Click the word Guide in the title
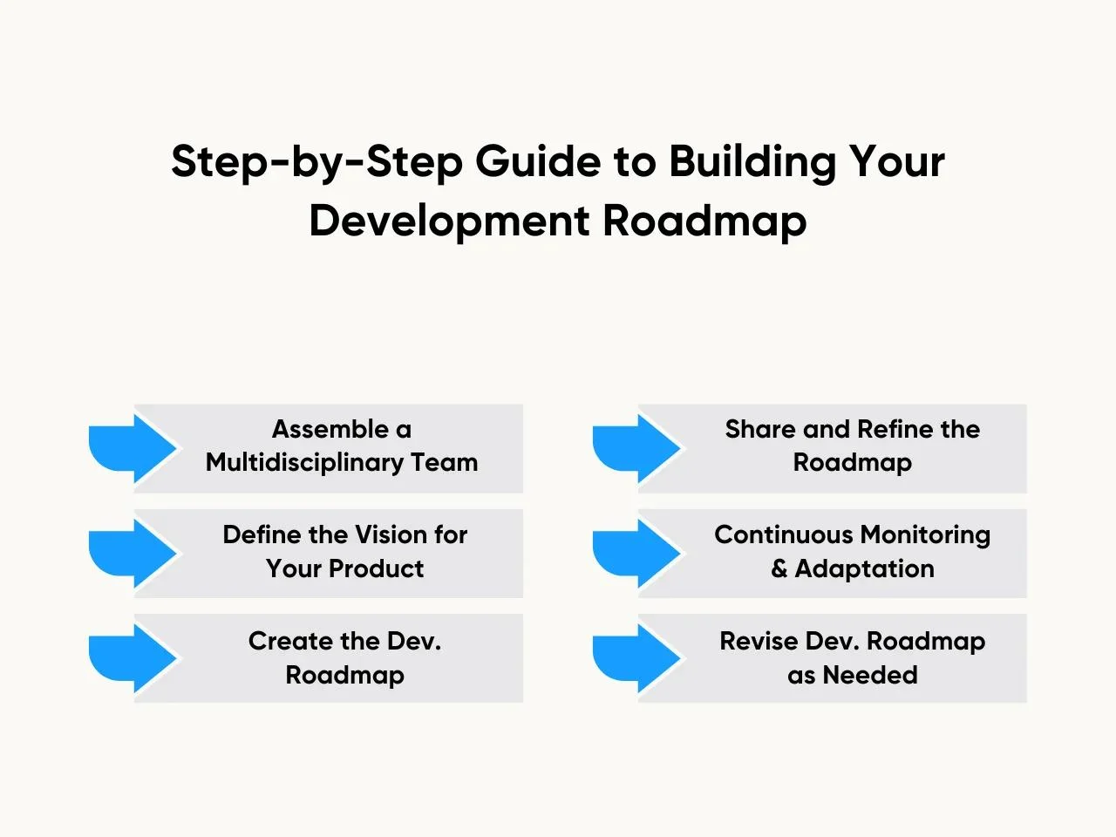[x=538, y=161]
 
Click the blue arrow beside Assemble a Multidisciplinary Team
[x=133, y=448]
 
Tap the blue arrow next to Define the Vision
[x=133, y=554]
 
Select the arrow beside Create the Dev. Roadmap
[x=133, y=658]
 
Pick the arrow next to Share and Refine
[x=636, y=448]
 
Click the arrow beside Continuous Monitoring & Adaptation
[x=636, y=554]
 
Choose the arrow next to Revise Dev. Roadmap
[x=636, y=658]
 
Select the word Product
[x=377, y=568]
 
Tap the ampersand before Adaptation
[x=779, y=568]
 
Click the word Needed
[x=870, y=676]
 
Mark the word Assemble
[x=331, y=429]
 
